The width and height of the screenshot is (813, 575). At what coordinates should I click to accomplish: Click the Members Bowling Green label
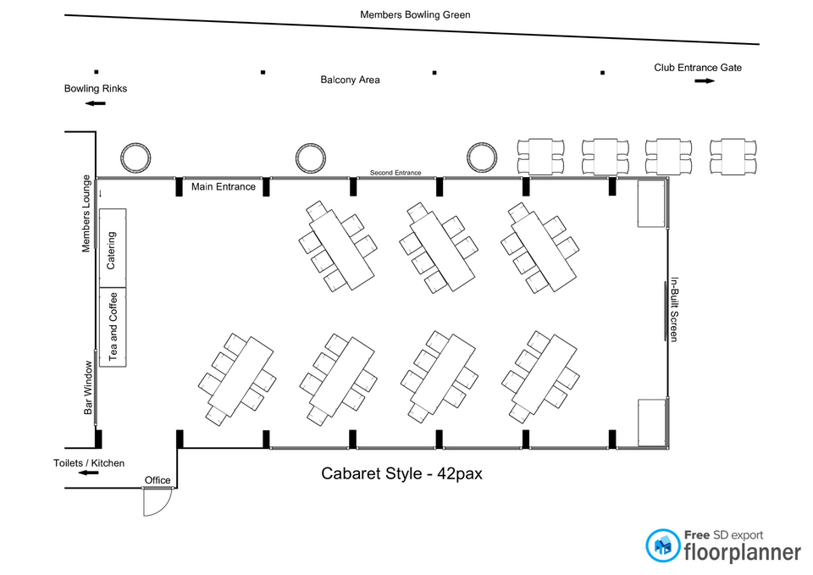point(415,14)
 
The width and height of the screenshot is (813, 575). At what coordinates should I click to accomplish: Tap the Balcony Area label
point(350,80)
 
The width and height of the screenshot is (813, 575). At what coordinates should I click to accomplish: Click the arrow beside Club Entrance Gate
point(705,81)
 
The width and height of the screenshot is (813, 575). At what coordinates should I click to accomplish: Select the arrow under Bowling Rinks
point(96,103)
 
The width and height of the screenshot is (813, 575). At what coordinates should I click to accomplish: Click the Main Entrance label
point(224,186)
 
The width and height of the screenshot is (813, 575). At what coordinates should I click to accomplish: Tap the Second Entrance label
point(395,173)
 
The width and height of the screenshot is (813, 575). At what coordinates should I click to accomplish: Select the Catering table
point(113,248)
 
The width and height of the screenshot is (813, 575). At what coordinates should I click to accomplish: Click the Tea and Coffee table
point(113,327)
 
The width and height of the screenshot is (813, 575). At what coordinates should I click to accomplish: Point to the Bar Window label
point(88,388)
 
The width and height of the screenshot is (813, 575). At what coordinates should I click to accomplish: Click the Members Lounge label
point(86,213)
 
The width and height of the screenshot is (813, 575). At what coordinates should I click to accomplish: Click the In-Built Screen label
point(674,309)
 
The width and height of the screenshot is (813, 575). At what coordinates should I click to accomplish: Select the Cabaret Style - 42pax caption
point(401,473)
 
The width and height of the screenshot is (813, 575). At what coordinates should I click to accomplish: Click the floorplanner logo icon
point(663,545)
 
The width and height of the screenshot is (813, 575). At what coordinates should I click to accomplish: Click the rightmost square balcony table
point(733,156)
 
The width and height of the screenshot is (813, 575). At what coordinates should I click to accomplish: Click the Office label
point(158,480)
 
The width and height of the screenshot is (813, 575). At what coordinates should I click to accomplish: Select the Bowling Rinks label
point(96,89)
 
